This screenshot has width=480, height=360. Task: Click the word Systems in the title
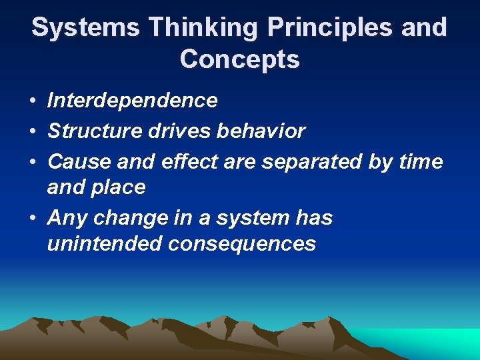point(85,28)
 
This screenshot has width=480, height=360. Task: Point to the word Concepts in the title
point(240,60)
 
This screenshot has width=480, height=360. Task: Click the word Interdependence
point(132,101)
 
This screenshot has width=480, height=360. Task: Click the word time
point(423,161)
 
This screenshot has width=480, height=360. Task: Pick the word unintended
point(105,244)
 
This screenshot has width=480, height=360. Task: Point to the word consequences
point(242,244)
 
